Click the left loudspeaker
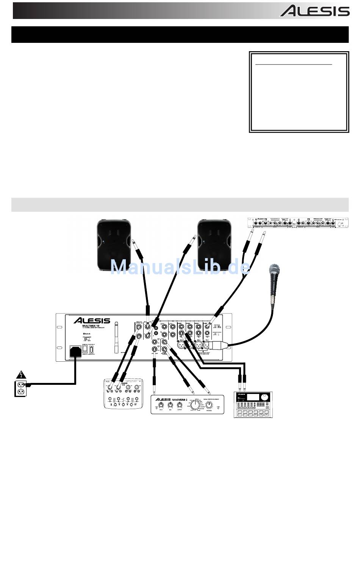tap(113, 244)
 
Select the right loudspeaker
tap(213, 244)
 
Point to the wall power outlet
tap(20, 389)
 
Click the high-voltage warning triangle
tap(20, 375)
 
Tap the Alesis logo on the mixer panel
tap(92, 321)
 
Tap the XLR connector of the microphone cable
tap(214, 345)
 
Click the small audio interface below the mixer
tap(124, 394)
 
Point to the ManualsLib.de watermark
tap(180, 268)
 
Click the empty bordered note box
tap(299, 93)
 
